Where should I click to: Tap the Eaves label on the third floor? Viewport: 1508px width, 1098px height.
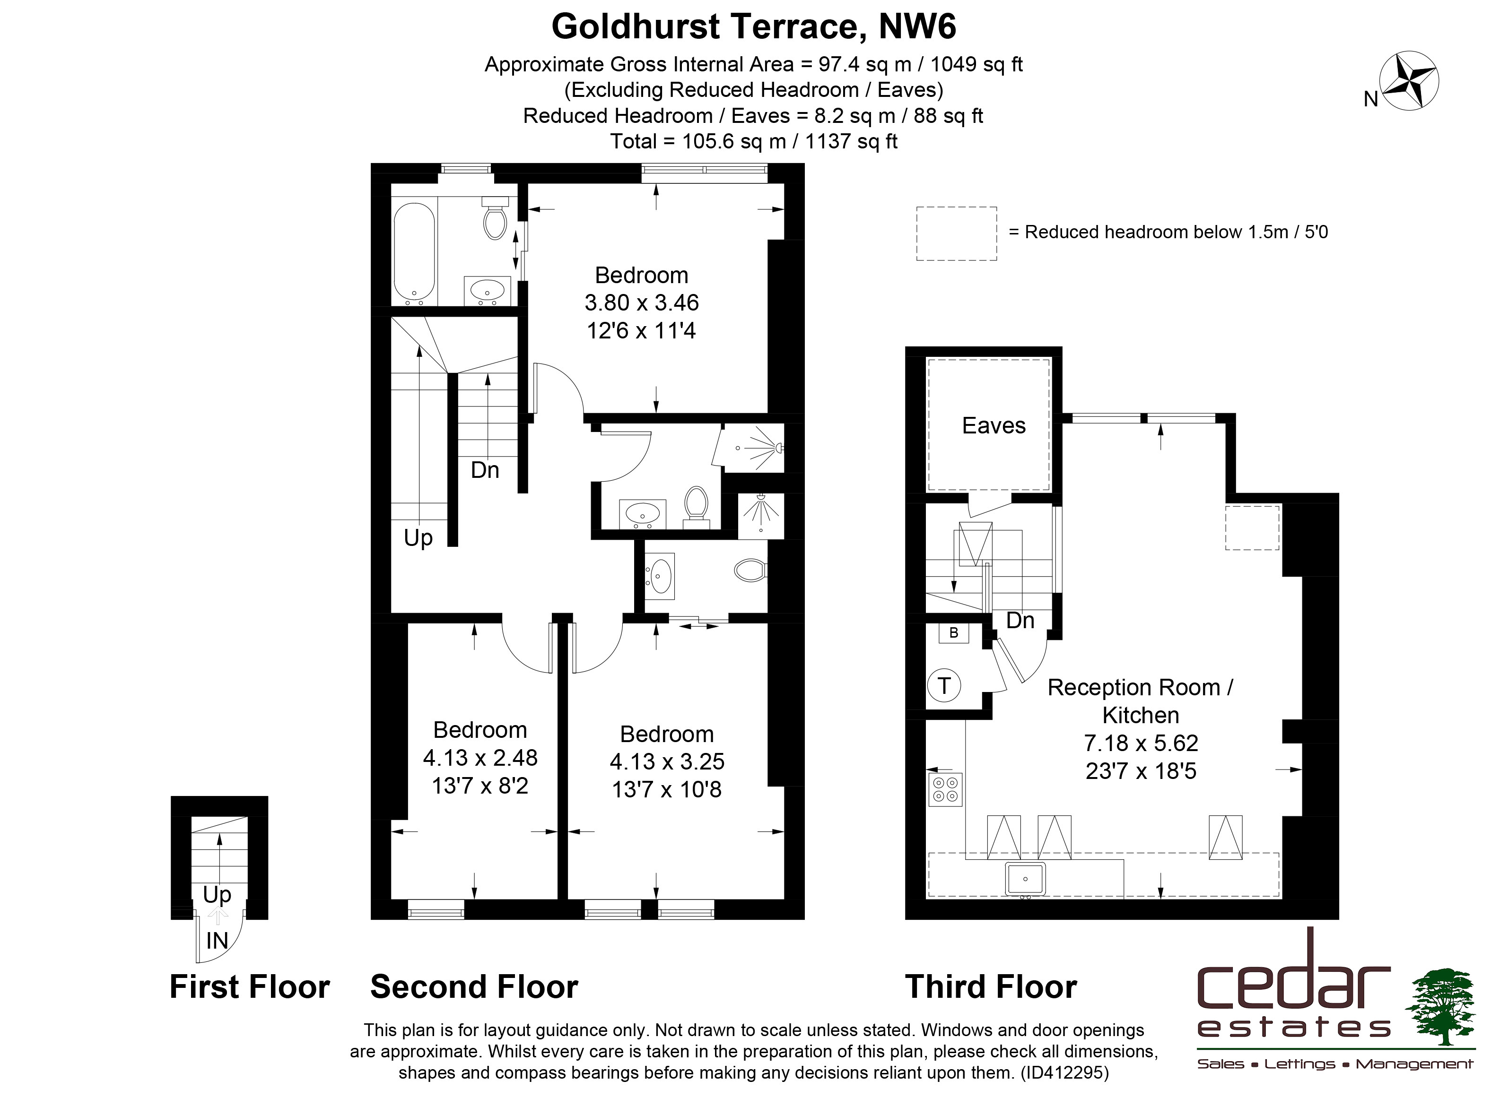[994, 425]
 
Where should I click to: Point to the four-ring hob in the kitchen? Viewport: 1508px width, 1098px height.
[945, 789]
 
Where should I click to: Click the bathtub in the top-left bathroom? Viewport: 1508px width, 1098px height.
[414, 252]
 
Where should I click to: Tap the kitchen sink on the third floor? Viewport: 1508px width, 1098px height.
[1025, 879]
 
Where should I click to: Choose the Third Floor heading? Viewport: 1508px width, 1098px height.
[991, 986]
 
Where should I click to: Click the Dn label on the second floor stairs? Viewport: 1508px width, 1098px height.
[485, 470]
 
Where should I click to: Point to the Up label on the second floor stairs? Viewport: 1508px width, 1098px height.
[418, 538]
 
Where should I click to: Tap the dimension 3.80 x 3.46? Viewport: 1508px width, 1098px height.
[642, 303]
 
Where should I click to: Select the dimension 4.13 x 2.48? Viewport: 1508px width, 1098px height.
[480, 757]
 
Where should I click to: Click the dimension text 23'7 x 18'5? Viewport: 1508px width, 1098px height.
[1141, 771]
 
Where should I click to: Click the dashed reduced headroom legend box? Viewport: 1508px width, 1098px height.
[956, 233]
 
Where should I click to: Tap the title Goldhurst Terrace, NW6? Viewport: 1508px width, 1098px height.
[754, 26]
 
